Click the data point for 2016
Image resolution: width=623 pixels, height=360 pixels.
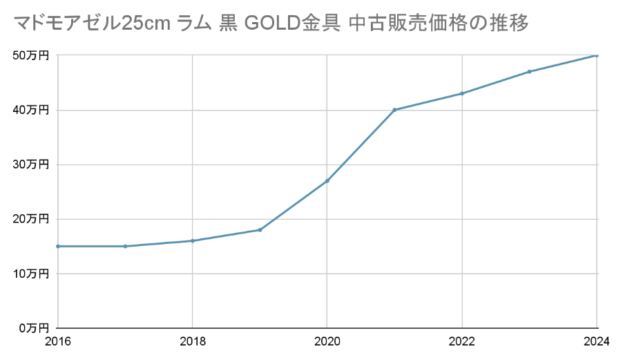(x=57, y=246)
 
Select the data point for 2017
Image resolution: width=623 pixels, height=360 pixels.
(x=125, y=246)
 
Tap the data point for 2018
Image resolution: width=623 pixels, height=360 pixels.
(x=192, y=240)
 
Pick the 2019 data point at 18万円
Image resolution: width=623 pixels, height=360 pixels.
(x=260, y=229)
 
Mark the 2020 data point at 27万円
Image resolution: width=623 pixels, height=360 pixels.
(x=327, y=180)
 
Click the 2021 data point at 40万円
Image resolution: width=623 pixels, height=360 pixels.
(x=394, y=110)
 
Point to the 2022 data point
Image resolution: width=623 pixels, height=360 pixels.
(x=461, y=93)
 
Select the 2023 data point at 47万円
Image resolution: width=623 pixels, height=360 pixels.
(x=529, y=71)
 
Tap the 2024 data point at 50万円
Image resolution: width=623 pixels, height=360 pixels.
(x=597, y=55)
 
